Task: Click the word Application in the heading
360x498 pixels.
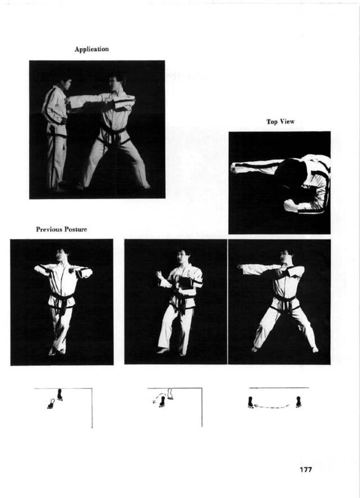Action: pyautogui.click(x=92, y=49)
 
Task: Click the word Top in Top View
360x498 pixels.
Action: pyautogui.click(x=271, y=122)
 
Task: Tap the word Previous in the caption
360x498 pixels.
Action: pyautogui.click(x=48, y=229)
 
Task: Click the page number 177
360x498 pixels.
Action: pyautogui.click(x=306, y=470)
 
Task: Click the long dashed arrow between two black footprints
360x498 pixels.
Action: pyautogui.click(x=272, y=407)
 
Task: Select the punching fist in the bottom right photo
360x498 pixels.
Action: pyautogui.click(x=240, y=267)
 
